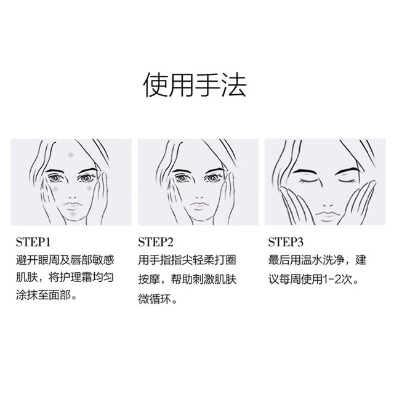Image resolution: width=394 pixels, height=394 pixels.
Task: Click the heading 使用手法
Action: [x=195, y=85]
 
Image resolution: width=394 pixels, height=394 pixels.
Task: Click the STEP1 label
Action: [x=33, y=242]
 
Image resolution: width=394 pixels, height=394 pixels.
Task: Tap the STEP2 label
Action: [x=156, y=242]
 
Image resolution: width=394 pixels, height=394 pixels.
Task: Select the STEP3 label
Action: [x=286, y=242]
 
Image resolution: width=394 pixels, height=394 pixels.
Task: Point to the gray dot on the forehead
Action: [x=71, y=155]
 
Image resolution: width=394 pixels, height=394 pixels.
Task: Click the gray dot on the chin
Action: [x=73, y=214]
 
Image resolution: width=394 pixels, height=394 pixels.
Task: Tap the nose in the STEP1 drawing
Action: [x=72, y=197]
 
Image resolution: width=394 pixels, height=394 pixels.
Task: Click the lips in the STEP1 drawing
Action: [x=73, y=206]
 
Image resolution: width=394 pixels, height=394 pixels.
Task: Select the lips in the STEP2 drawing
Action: [x=199, y=206]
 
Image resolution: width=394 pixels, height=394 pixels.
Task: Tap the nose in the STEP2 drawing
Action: [x=199, y=197]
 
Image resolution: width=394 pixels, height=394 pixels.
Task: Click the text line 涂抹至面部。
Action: [x=47, y=295]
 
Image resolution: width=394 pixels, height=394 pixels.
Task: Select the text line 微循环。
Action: [x=158, y=299]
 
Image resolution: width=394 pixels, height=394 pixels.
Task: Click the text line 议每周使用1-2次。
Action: [x=314, y=279]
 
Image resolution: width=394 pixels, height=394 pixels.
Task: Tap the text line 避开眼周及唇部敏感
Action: [x=65, y=260]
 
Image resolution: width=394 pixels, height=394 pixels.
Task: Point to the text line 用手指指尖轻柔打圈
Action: [x=187, y=260]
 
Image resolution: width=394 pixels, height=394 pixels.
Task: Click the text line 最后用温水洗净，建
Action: [x=318, y=260]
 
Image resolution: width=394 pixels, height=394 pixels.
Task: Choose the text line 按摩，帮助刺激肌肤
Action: [x=187, y=279]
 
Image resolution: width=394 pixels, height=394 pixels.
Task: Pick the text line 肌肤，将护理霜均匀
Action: [x=65, y=278]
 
